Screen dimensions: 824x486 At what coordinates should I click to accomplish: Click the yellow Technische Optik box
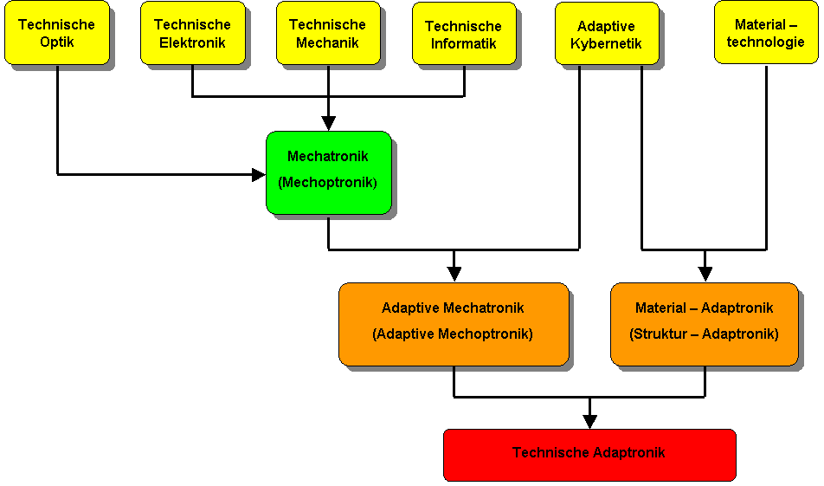click(57, 33)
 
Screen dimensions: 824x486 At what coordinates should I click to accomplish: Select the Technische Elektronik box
click(193, 33)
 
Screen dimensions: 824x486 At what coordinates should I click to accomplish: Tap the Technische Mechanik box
click(328, 33)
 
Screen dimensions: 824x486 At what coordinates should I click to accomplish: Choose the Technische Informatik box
click(464, 34)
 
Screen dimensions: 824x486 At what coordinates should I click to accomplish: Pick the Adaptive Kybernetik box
click(607, 34)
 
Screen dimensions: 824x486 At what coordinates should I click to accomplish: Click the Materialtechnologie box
click(766, 32)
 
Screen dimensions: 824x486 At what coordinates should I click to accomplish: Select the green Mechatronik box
click(329, 173)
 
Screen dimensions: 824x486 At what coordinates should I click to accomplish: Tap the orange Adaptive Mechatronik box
click(454, 325)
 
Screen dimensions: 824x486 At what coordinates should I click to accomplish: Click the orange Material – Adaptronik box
click(705, 325)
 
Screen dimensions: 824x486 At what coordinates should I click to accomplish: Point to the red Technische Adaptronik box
click(589, 455)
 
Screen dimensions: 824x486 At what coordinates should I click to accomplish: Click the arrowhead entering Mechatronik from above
click(328, 124)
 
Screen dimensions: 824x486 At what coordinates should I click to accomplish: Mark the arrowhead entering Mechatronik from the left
click(259, 175)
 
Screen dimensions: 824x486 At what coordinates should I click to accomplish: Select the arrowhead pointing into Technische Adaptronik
click(589, 421)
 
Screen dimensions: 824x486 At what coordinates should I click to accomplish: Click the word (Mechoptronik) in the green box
click(328, 183)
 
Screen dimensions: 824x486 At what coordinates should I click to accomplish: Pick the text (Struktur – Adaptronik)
click(705, 334)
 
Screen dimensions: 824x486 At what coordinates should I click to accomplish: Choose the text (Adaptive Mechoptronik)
click(453, 334)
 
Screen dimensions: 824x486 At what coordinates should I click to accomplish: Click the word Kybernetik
click(606, 43)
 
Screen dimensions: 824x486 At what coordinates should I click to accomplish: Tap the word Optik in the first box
click(57, 42)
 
